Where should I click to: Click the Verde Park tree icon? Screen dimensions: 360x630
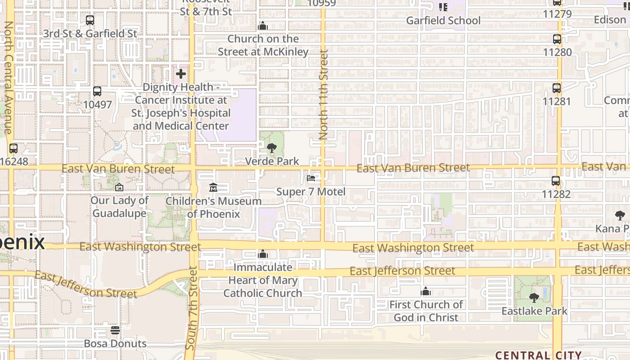[x=271, y=148]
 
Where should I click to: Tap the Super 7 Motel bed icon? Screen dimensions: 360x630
[x=311, y=179]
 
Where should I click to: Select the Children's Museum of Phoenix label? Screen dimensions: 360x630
[x=214, y=207]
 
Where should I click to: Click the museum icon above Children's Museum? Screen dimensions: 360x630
[x=213, y=187]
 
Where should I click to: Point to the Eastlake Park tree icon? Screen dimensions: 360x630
[x=534, y=297]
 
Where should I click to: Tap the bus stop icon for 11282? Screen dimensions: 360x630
[x=556, y=181]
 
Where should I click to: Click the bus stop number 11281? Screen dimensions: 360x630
[x=557, y=101]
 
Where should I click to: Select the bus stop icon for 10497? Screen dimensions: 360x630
[x=97, y=91]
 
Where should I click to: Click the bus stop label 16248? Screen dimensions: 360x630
[x=14, y=161]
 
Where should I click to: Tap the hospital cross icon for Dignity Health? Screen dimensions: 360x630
[x=181, y=73]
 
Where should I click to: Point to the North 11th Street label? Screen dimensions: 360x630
[x=324, y=94]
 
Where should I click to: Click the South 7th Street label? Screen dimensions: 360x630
[x=192, y=308]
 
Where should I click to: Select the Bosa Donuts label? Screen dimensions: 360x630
[x=115, y=343]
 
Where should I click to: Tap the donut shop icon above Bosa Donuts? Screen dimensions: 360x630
[x=115, y=330]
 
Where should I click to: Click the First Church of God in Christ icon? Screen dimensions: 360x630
[x=426, y=292]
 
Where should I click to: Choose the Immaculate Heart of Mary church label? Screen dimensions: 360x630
[x=263, y=280]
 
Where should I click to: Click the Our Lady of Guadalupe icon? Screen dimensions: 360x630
[x=119, y=187]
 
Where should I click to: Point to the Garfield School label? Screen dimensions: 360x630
[x=443, y=21]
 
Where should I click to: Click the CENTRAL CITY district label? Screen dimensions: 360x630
[x=539, y=355]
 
